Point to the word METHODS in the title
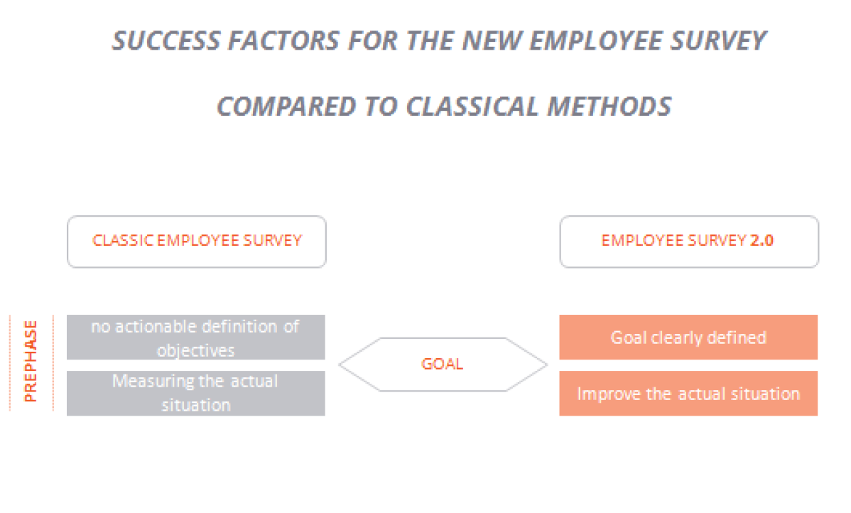(x=609, y=106)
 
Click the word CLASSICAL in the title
(x=472, y=106)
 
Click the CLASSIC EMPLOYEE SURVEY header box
(x=197, y=242)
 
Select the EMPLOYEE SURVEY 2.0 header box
(x=689, y=242)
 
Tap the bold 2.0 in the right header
(x=761, y=240)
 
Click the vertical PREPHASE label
(x=31, y=362)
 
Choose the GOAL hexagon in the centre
(x=443, y=364)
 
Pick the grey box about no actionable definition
(x=196, y=337)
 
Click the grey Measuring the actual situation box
(x=196, y=394)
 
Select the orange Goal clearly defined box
(x=688, y=337)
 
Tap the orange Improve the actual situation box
(x=688, y=394)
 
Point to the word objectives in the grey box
(x=196, y=351)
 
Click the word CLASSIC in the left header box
(x=123, y=240)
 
